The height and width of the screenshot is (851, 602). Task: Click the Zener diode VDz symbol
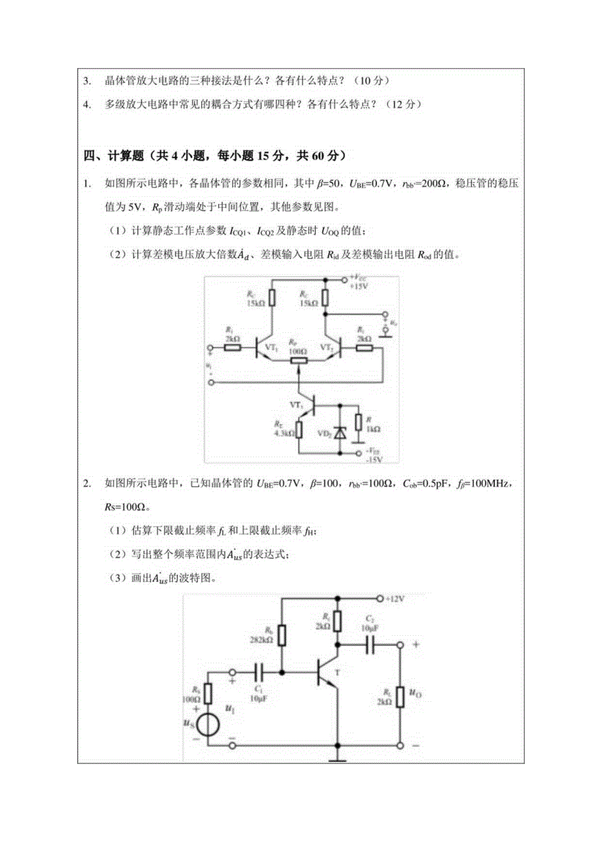tap(339, 432)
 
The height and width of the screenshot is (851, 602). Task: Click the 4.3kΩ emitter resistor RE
tap(298, 430)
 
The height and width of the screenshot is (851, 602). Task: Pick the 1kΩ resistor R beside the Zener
tap(358, 422)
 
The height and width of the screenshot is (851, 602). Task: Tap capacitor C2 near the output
tap(370, 644)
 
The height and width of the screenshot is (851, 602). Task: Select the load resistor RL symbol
tap(400, 699)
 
